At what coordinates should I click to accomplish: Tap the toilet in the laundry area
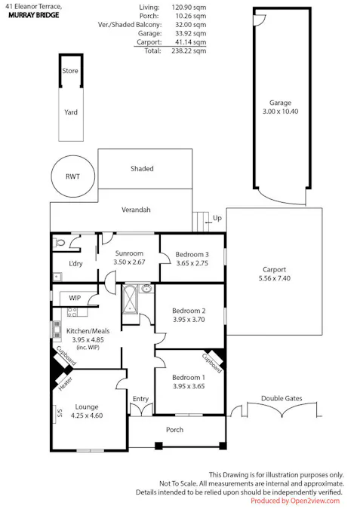point(60,242)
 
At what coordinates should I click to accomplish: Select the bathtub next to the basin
point(131,299)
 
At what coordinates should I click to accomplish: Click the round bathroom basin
point(147,288)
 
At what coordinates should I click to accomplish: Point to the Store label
point(70,71)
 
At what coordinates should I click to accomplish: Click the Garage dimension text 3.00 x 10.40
point(281,112)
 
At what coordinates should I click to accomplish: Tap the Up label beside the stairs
point(217,218)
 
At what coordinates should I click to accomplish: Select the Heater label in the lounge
point(66,384)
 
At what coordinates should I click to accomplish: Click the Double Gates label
point(282,398)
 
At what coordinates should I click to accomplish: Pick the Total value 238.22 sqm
point(189,51)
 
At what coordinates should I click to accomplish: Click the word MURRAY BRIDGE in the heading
point(34,15)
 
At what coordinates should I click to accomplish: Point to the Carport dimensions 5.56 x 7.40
point(275,278)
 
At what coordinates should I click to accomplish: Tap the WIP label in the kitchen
point(75,298)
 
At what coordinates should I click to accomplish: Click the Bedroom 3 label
point(192,255)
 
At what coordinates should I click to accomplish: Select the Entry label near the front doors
point(140,399)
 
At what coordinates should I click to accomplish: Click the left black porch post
point(158,446)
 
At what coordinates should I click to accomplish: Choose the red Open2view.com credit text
point(295,501)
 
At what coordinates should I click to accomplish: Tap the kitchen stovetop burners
point(72,312)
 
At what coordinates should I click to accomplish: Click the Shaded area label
point(142,168)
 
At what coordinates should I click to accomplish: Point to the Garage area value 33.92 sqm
point(189,33)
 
